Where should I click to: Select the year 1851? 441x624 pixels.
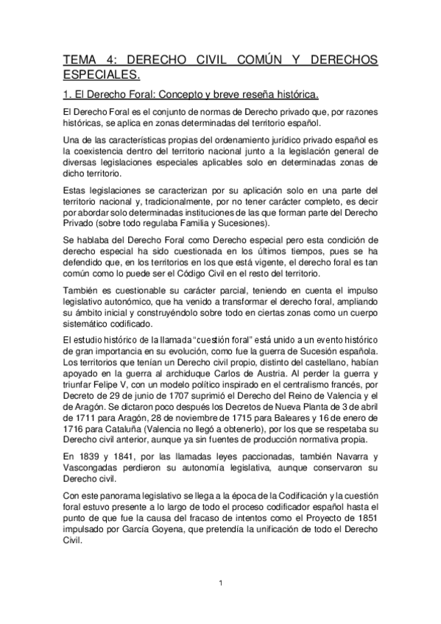click(363, 517)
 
